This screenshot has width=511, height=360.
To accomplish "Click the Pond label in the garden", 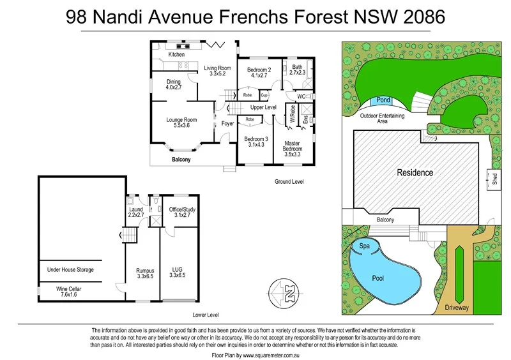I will tap(383, 100).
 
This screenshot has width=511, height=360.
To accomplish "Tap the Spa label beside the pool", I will tap(365, 245).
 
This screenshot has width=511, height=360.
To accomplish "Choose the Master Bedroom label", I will tap(294, 146).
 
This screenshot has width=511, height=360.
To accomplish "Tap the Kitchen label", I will tap(176, 55).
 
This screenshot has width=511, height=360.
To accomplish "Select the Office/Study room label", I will tap(182, 209).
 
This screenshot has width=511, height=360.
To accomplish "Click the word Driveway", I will tap(457, 308).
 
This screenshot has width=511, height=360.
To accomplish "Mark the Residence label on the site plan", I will tap(415, 172).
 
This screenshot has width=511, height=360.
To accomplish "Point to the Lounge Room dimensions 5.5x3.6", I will tap(181, 126).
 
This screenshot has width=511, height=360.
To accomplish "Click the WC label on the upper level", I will tap(300, 96).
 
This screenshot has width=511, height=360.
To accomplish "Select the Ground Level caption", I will tap(289, 182).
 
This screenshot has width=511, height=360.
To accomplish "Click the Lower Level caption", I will tap(205, 315).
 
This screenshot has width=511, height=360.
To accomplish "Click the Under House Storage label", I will tap(70, 270).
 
